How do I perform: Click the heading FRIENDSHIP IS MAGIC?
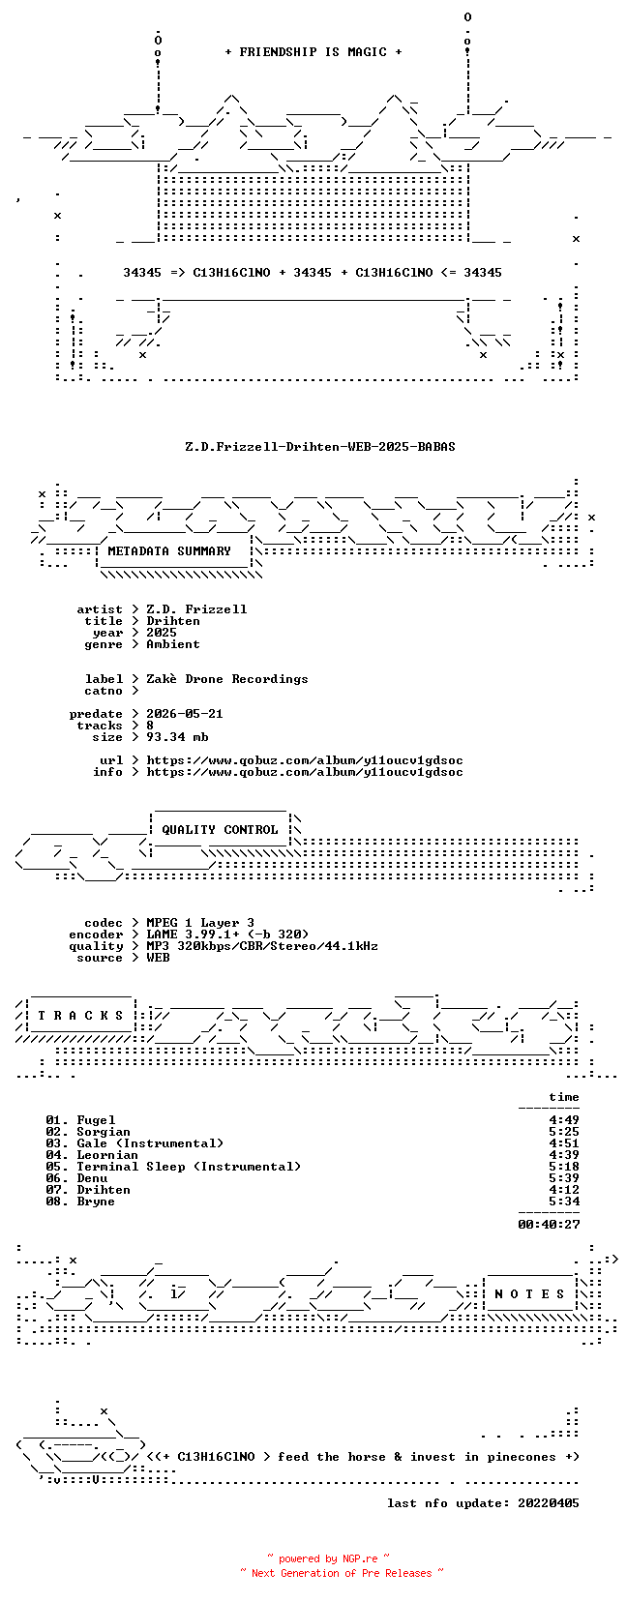pyautogui.click(x=313, y=52)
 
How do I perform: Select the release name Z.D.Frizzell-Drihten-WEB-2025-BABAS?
pyautogui.click(x=320, y=447)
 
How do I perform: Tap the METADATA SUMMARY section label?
pyautogui.click(x=169, y=551)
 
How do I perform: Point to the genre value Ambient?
pyautogui.click(x=173, y=644)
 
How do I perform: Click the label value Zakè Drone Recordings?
pyautogui.click(x=227, y=679)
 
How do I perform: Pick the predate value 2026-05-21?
pyautogui.click(x=185, y=714)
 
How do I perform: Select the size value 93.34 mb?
pyautogui.click(x=177, y=736)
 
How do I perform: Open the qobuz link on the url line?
pyautogui.click(x=305, y=760)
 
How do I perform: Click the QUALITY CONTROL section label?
pyautogui.click(x=220, y=830)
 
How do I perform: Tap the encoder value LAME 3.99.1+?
pyautogui.click(x=193, y=934)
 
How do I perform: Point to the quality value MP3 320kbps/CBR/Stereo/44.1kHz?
pyautogui.click(x=262, y=946)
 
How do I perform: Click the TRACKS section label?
pyautogui.click(x=80, y=1016)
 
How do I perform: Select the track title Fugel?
pyautogui.click(x=96, y=1120)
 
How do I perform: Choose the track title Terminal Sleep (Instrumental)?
pyautogui.click(x=189, y=1168)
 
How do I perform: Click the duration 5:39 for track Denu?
pyautogui.click(x=564, y=1178)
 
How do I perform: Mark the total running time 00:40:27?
pyautogui.click(x=549, y=1225)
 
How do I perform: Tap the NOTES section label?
pyautogui.click(x=530, y=1294)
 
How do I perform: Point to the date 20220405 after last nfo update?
pyautogui.click(x=549, y=1504)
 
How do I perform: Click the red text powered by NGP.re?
pyautogui.click(x=328, y=1559)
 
